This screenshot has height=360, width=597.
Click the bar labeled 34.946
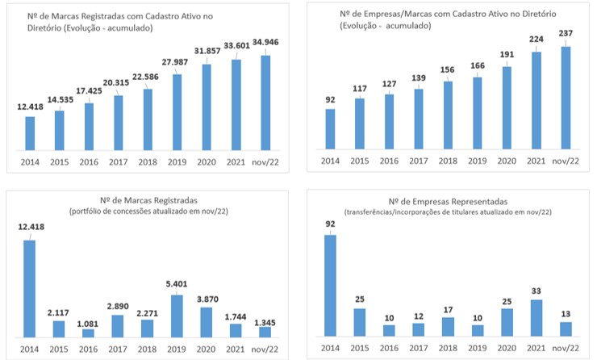click(x=265, y=103)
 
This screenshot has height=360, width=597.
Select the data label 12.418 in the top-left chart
click(x=30, y=108)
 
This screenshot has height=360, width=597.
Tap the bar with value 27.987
click(x=177, y=112)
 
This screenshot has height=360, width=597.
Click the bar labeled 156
click(x=449, y=115)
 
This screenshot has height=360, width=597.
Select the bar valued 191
click(x=507, y=108)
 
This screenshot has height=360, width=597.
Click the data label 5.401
click(x=177, y=284)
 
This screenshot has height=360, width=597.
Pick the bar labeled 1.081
click(x=89, y=333)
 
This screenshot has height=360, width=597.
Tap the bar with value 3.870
click(x=207, y=321)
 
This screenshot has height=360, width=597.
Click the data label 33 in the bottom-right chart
click(x=536, y=291)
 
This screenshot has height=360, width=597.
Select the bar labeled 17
click(x=449, y=327)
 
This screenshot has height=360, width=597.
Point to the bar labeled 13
click(x=566, y=329)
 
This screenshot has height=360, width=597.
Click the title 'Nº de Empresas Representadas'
click(x=448, y=200)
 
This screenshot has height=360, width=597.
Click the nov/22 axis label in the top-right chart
click(x=566, y=161)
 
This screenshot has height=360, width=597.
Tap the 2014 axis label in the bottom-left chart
click(x=30, y=348)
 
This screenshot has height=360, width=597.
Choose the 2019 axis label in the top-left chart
click(x=177, y=161)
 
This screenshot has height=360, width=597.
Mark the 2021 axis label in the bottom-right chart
click(x=536, y=348)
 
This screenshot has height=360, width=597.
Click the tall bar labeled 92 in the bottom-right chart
click(x=331, y=286)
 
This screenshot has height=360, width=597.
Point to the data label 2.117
click(x=59, y=312)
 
